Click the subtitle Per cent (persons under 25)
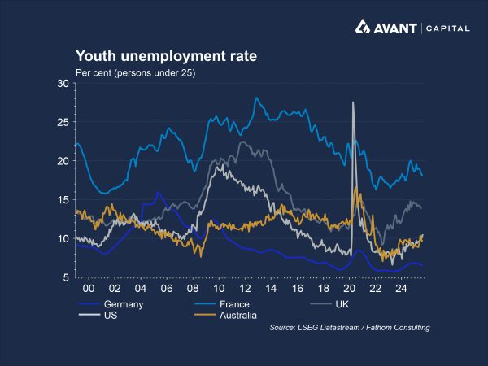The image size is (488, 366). tap(135, 73)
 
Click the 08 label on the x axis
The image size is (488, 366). tap(193, 289)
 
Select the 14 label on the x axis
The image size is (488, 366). tap(272, 289)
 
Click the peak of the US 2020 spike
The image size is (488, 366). tap(353, 102)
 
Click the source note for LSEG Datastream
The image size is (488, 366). tap(349, 327)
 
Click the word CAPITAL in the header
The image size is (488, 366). tap(447, 28)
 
